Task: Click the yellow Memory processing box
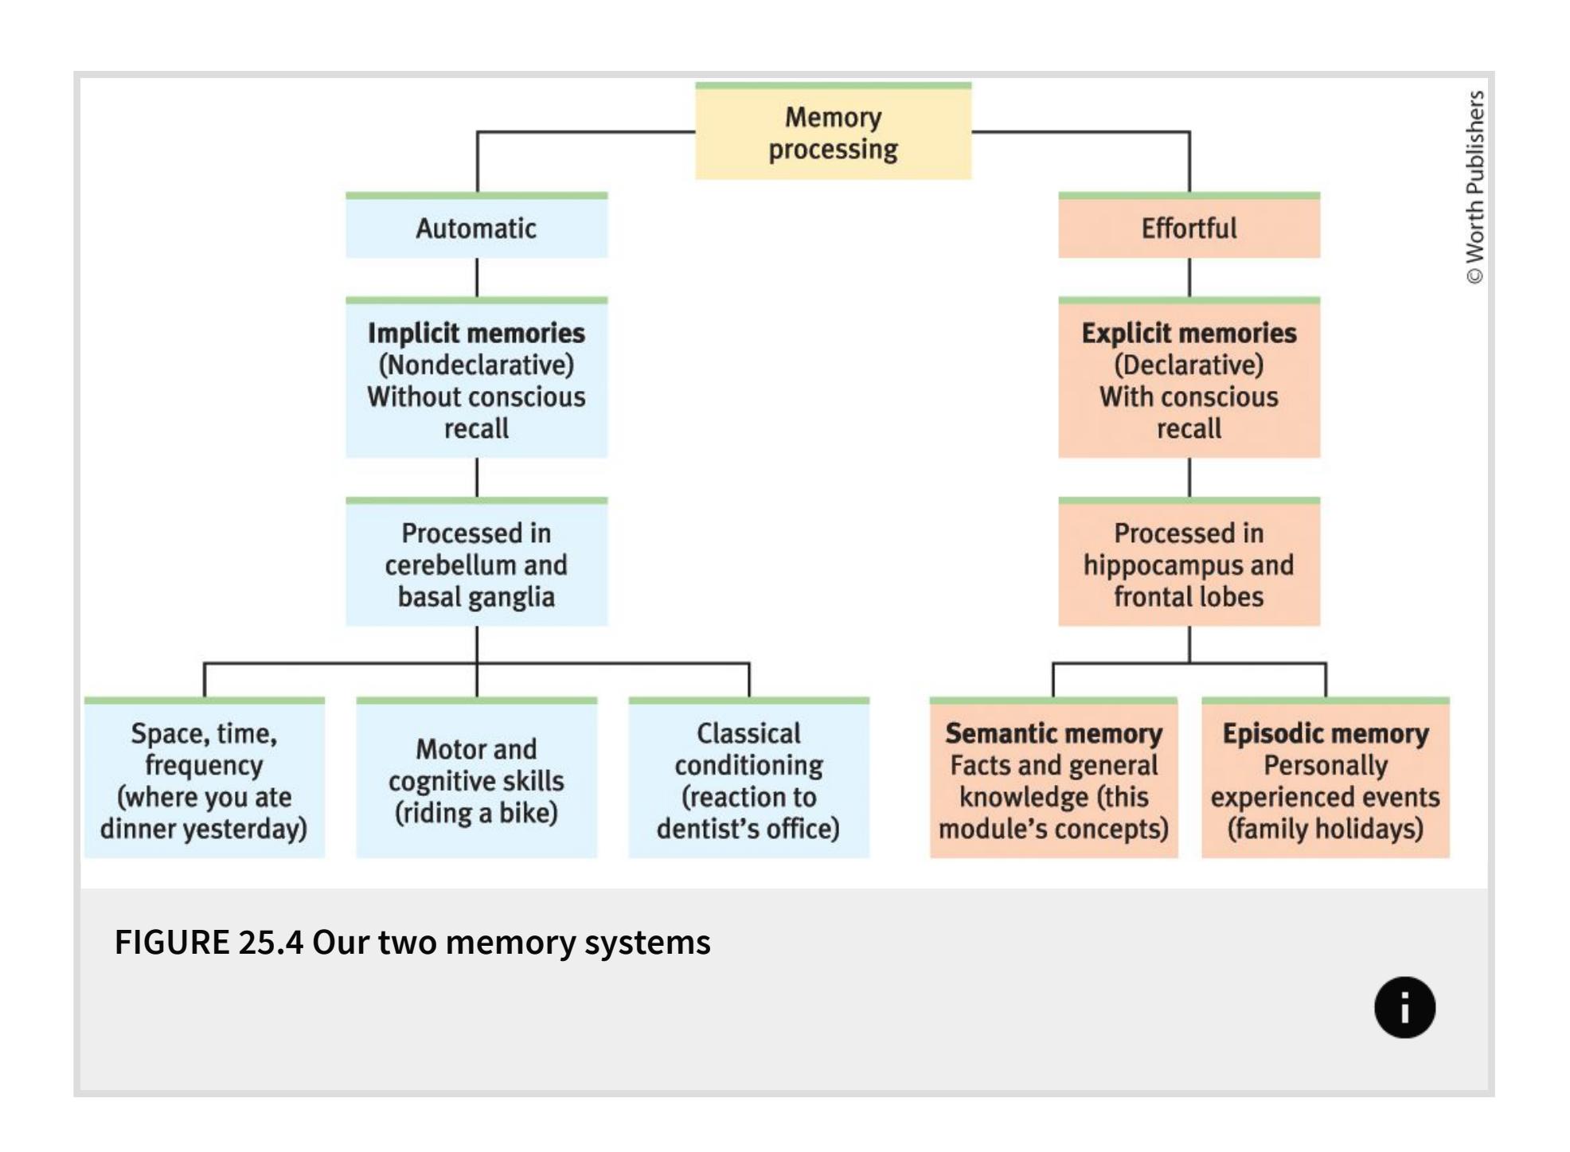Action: (833, 133)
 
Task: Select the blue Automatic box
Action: (476, 228)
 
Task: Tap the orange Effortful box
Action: (1189, 228)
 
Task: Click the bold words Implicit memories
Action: (476, 333)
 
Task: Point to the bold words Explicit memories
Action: (1189, 333)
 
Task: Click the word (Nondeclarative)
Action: (476, 365)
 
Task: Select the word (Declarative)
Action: (1189, 365)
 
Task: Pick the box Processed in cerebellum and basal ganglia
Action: (476, 564)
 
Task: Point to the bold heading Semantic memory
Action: (1053, 733)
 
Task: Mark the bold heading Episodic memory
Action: (1326, 733)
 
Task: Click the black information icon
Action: (1404, 1007)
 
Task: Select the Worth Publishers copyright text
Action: (1475, 187)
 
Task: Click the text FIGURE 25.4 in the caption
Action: (209, 943)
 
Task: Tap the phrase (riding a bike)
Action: (476, 813)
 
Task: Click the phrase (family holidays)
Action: (1326, 829)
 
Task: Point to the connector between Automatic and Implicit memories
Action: (477, 277)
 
